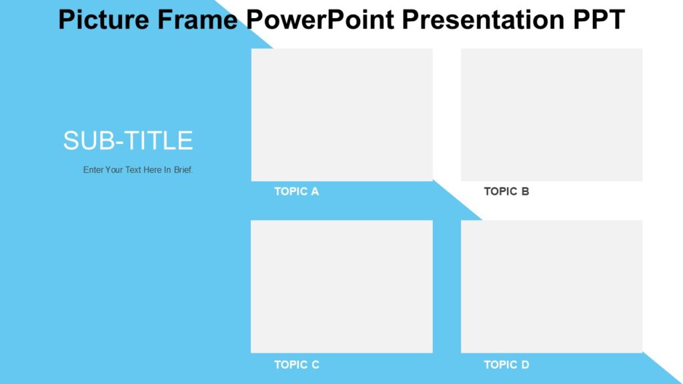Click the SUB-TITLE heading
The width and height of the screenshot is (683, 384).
128,141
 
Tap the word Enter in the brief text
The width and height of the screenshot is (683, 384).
93,170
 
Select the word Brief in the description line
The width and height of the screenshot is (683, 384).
183,170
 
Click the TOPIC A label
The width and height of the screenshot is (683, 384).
296,191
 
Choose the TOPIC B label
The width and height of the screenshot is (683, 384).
506,191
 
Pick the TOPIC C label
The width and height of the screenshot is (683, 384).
296,365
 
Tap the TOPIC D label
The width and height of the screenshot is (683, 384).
506,365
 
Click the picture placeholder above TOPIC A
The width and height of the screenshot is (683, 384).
341,115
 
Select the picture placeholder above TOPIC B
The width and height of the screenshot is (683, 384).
552,115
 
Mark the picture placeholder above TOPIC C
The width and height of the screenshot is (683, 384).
341,287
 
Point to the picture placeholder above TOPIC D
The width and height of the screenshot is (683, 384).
552,287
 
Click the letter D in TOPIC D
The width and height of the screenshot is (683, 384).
525,365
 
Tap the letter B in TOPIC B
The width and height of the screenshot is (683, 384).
525,191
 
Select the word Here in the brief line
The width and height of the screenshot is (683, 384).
153,170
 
